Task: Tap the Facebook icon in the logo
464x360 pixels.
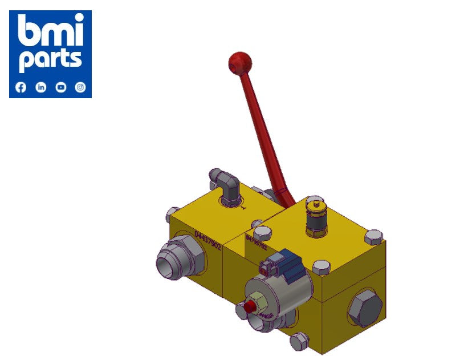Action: coord(21,87)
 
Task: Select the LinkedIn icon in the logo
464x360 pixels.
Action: coord(41,87)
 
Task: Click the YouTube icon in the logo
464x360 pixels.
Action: coord(61,87)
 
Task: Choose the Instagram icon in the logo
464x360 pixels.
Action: coord(81,87)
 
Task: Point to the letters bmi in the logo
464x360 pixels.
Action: coord(50,31)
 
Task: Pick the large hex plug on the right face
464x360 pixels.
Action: coord(364,308)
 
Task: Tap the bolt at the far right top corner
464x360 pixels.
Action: coord(373,236)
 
